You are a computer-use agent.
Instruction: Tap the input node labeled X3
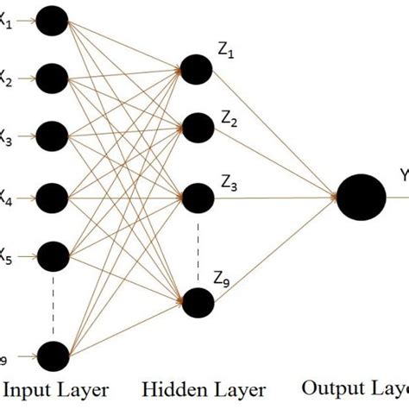coord(53,135)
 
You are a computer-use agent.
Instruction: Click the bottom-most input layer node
coord(53,354)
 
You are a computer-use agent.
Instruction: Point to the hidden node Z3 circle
coord(197,197)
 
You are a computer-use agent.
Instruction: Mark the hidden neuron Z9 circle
coord(197,299)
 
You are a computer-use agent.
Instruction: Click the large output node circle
coord(361,197)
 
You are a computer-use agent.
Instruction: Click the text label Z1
coord(226,54)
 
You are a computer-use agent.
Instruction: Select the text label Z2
coord(229,121)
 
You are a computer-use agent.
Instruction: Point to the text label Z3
coord(229,183)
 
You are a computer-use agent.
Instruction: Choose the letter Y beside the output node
coord(403,176)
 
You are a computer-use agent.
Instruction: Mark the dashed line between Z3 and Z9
coord(198,246)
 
